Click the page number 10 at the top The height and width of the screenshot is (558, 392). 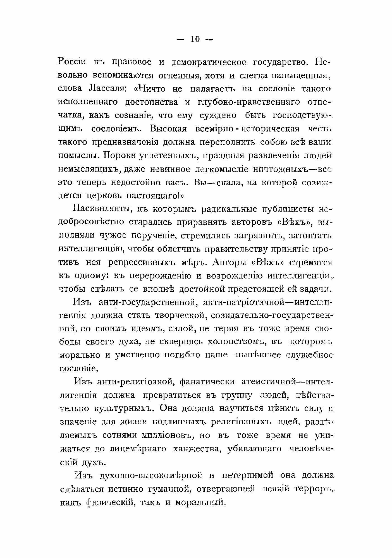195,39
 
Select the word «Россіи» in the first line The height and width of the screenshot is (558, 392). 72,62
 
